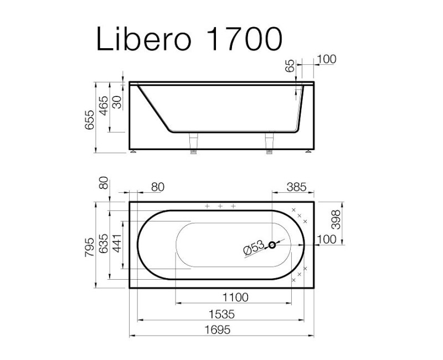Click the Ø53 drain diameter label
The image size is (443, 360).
pos(254,249)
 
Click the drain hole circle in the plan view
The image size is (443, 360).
pos(272,245)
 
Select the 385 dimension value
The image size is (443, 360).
pos(296,187)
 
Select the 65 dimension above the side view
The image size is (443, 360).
pos(289,65)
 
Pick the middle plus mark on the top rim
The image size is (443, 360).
pos(220,206)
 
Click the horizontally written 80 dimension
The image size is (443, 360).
pos(157,187)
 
